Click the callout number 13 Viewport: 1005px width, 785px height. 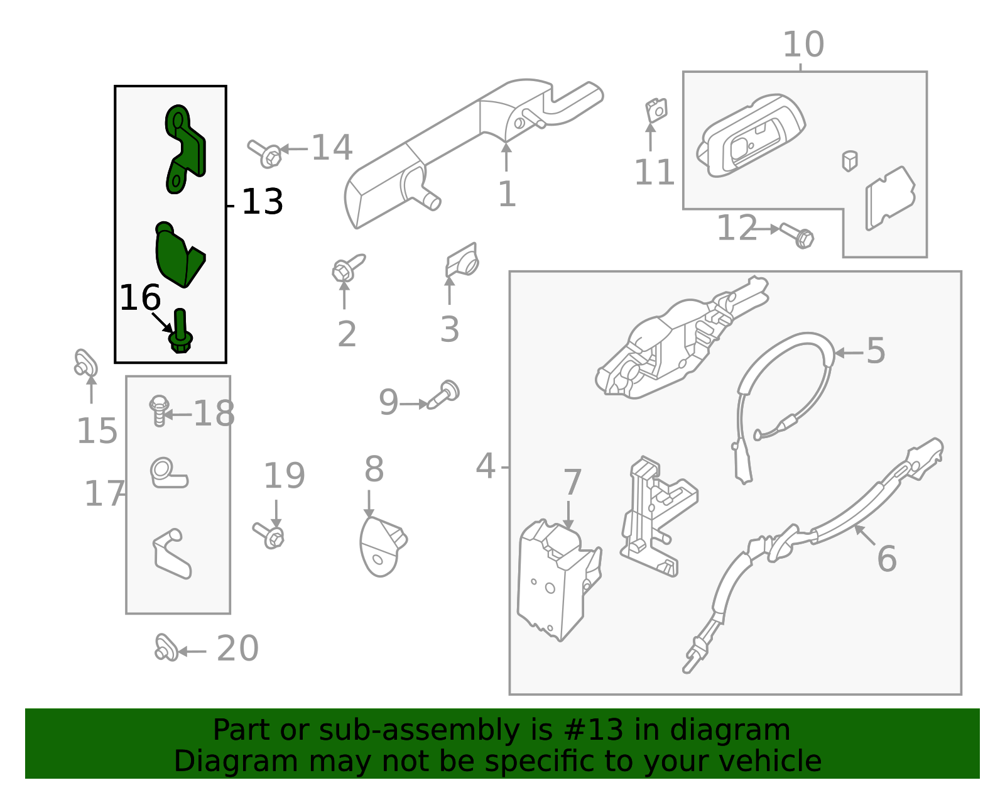click(262, 202)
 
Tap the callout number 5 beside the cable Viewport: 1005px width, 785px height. click(876, 351)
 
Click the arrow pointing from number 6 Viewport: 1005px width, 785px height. click(864, 535)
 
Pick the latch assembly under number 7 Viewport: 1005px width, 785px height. click(557, 578)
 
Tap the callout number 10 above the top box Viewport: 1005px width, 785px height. click(803, 45)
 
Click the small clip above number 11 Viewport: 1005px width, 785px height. click(656, 111)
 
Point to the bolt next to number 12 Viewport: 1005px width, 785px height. click(797, 235)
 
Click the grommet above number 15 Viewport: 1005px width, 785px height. click(85, 363)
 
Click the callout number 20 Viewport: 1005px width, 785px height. click(237, 649)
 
